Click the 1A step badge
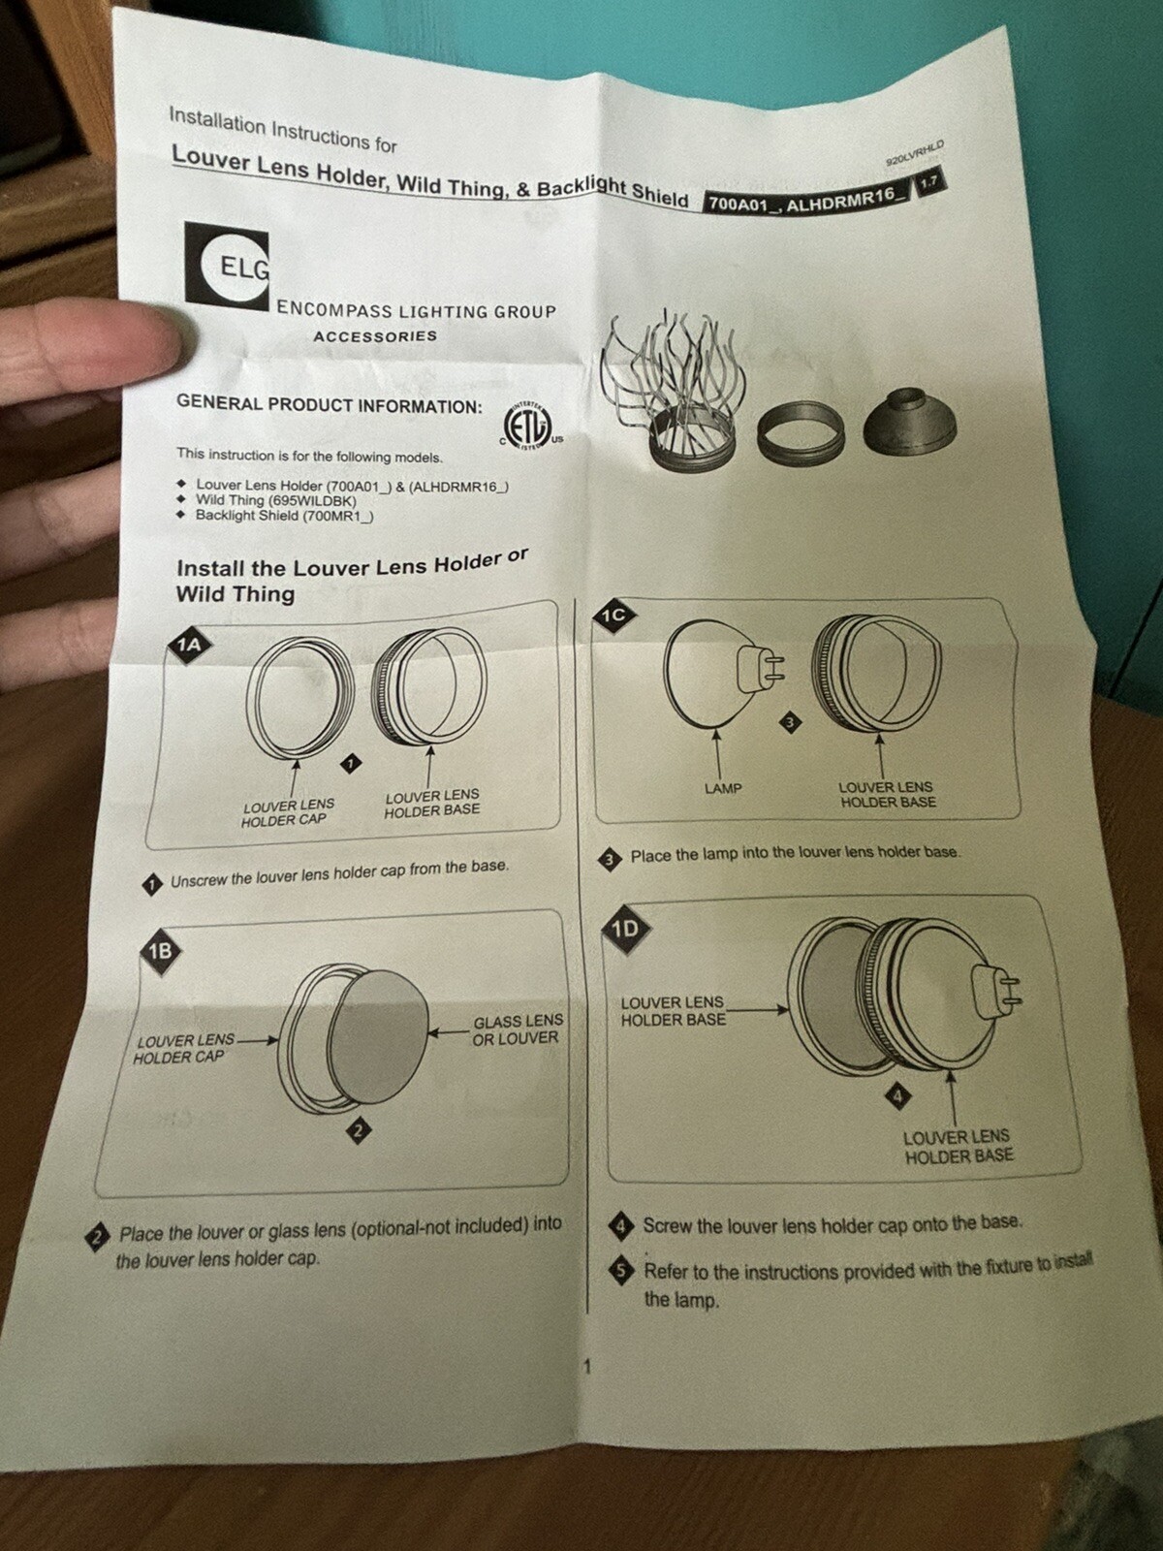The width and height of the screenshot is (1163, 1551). click(189, 645)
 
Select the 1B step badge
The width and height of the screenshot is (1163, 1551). click(160, 951)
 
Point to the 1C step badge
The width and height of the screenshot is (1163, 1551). click(613, 616)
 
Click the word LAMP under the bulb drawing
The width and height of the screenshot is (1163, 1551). click(722, 788)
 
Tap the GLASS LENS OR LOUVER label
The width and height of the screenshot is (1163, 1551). click(518, 1029)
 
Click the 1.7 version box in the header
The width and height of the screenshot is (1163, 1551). click(929, 182)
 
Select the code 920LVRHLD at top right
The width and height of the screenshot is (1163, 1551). click(915, 152)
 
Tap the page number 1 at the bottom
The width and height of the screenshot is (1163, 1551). click(586, 1387)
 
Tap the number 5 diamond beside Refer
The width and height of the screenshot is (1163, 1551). click(620, 1271)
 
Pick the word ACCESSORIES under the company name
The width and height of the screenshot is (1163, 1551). click(375, 336)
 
